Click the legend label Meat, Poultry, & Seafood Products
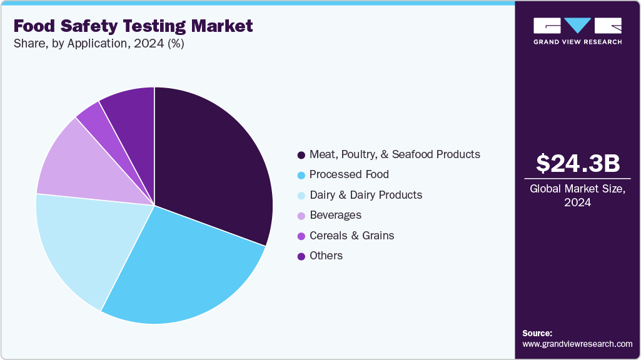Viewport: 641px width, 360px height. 395,154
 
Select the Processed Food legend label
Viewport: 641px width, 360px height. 349,174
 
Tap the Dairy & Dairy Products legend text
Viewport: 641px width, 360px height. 366,195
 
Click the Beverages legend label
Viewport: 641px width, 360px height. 335,215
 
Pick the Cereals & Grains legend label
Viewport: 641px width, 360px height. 351,236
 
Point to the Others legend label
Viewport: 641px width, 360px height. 326,256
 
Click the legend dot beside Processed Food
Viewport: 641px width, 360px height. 301,175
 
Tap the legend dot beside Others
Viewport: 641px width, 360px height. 301,256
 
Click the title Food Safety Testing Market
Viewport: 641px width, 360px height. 133,26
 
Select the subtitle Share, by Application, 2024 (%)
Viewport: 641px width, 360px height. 98,44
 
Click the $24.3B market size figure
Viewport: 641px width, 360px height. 578,163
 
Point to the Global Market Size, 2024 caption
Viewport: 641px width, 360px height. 578,196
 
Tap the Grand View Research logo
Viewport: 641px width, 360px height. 578,31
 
